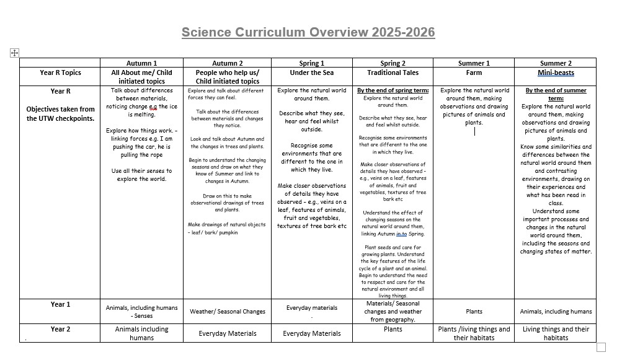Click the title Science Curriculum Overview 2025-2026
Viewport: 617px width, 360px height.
tap(308, 32)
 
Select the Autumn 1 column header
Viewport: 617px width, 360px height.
tap(141, 63)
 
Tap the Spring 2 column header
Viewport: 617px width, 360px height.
tap(393, 63)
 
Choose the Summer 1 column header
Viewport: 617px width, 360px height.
tap(474, 63)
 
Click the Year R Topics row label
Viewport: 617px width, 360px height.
tap(60, 72)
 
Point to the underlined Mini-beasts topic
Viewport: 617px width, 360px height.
tap(556, 72)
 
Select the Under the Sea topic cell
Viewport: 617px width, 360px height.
tap(311, 72)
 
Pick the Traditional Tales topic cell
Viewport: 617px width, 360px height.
tap(393, 72)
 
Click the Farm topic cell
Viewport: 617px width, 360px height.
tap(474, 72)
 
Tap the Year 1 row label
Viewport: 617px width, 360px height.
tap(60, 304)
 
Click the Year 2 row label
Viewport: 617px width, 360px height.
tap(60, 329)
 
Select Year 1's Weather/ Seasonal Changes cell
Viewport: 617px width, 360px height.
tap(228, 312)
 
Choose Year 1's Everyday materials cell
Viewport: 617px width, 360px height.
tap(311, 308)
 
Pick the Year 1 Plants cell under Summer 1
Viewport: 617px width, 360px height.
tap(474, 312)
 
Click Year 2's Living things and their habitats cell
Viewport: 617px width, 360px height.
tap(556, 333)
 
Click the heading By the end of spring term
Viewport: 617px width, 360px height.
tap(393, 90)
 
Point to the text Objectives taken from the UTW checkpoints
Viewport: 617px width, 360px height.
tap(60, 114)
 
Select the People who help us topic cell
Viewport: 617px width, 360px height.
tap(228, 77)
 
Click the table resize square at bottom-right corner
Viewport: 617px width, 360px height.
tap(601, 347)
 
